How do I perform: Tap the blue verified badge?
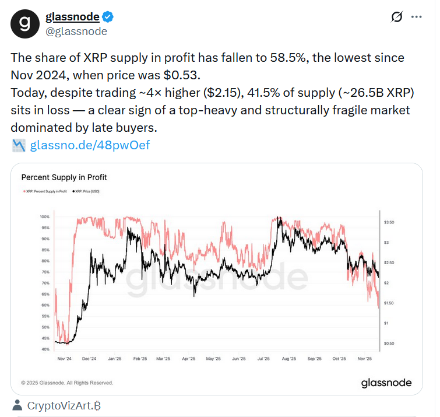109,17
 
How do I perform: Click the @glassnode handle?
76,31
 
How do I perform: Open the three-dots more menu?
416,17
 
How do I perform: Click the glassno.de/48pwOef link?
90,145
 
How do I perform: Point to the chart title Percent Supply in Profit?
64,177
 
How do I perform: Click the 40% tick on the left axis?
45,349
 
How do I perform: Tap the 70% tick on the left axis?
45,283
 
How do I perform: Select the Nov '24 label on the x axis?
64,359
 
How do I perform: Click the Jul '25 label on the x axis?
263,359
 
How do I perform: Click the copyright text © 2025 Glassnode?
68,383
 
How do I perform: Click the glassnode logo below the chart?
386,383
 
